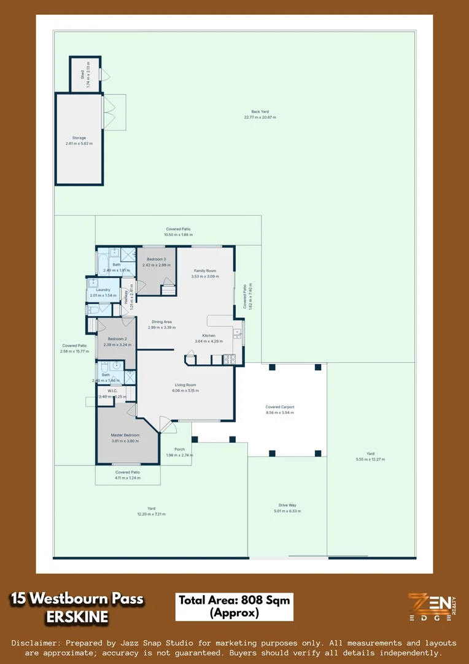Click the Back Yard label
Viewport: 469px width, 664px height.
(x=260, y=112)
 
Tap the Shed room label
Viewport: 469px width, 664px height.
(x=82, y=75)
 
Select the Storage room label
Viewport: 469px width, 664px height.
(x=79, y=138)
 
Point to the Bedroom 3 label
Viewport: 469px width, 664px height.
(x=156, y=259)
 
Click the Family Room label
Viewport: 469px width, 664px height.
(x=205, y=271)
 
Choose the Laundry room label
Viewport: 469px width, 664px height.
(x=103, y=290)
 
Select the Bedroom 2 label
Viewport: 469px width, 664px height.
(x=117, y=339)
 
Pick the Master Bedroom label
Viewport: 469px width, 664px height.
(x=125, y=435)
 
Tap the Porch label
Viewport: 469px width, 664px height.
(x=179, y=449)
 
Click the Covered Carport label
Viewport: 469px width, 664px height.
(x=279, y=407)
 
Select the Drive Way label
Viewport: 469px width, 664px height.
(x=287, y=505)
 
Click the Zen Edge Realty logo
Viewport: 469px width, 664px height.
(x=432, y=606)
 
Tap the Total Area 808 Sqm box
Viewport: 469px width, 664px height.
(x=234, y=606)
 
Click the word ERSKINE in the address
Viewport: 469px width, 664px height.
(x=77, y=617)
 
